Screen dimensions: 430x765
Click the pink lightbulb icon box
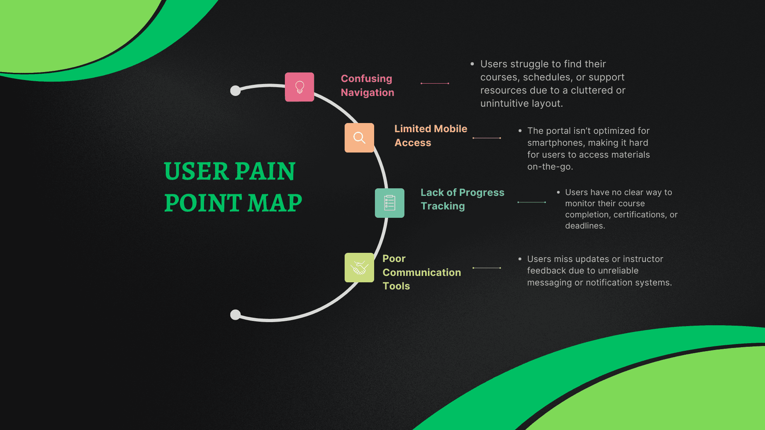point(299,87)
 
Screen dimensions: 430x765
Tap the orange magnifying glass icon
point(359,138)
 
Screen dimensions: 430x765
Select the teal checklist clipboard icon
point(389,203)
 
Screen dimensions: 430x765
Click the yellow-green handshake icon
point(359,268)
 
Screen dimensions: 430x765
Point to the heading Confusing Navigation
point(367,86)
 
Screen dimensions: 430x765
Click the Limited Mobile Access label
point(430,135)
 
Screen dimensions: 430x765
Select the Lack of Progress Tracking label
point(462,199)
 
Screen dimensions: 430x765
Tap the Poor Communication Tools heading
point(421,272)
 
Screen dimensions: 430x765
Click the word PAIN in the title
point(265,172)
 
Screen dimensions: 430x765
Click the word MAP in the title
point(275,203)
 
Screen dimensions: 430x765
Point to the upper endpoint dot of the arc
point(235,91)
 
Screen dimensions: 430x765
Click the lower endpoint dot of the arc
point(235,315)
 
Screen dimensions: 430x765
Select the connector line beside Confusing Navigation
point(435,83)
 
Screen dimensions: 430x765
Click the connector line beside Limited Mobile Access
point(486,138)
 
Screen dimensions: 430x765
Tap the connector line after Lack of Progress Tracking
point(532,202)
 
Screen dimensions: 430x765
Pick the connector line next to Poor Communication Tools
point(486,268)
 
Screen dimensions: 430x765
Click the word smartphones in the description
point(553,143)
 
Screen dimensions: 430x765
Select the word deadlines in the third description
point(584,226)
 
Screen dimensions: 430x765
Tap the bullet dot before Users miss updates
point(520,259)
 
